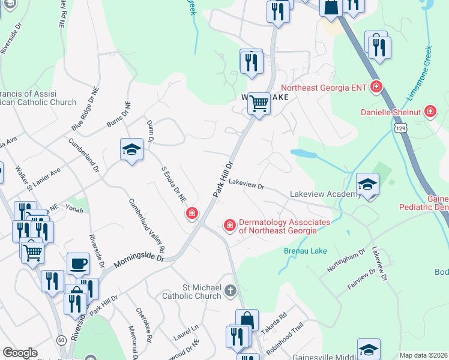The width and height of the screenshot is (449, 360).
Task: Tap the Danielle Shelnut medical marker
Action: pyautogui.click(x=430, y=112)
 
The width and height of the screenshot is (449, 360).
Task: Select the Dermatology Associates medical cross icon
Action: pyautogui.click(x=229, y=226)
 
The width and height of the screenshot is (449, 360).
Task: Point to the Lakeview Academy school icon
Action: pyautogui.click(x=367, y=185)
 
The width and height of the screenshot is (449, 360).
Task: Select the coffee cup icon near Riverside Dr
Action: pyautogui.click(x=78, y=263)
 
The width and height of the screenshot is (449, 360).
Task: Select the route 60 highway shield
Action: pyautogui.click(x=61, y=340)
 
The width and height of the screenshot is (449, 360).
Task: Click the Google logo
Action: pyautogui.click(x=20, y=353)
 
